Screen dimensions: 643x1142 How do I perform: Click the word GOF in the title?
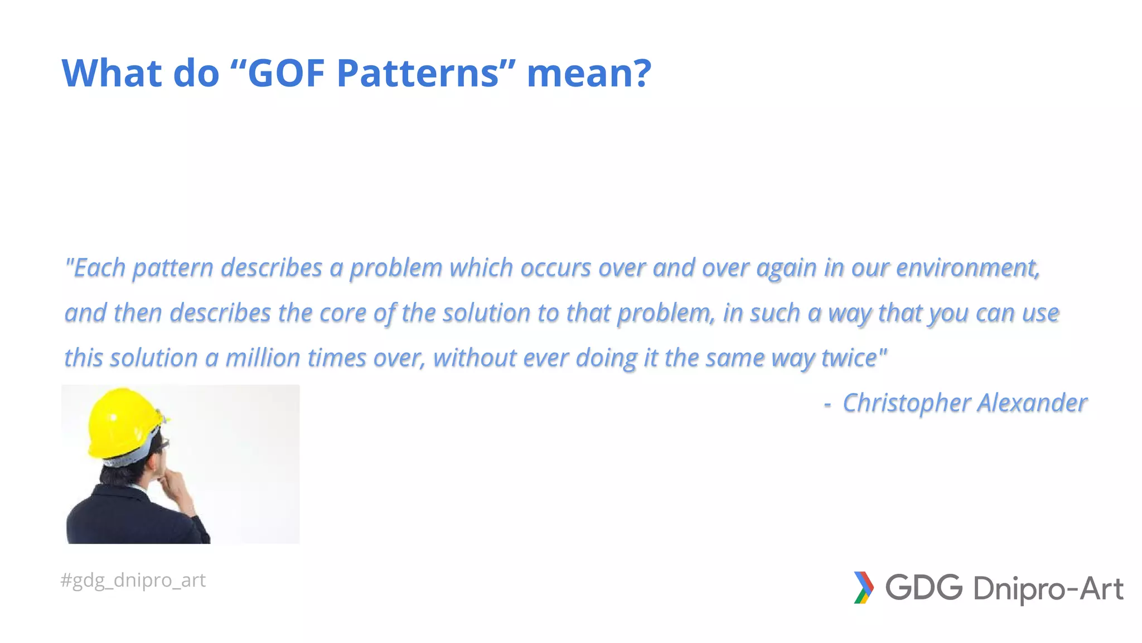(286, 73)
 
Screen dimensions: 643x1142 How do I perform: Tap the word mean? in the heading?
(589, 73)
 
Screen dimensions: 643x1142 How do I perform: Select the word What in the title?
(112, 73)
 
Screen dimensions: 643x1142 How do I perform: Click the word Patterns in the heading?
(418, 73)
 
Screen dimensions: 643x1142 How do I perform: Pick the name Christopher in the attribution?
(906, 403)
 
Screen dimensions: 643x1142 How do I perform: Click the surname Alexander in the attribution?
(1032, 403)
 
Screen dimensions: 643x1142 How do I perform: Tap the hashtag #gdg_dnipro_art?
(133, 580)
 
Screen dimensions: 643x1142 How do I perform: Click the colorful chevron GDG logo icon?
(863, 588)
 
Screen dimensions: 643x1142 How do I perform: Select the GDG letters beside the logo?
(924, 588)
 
